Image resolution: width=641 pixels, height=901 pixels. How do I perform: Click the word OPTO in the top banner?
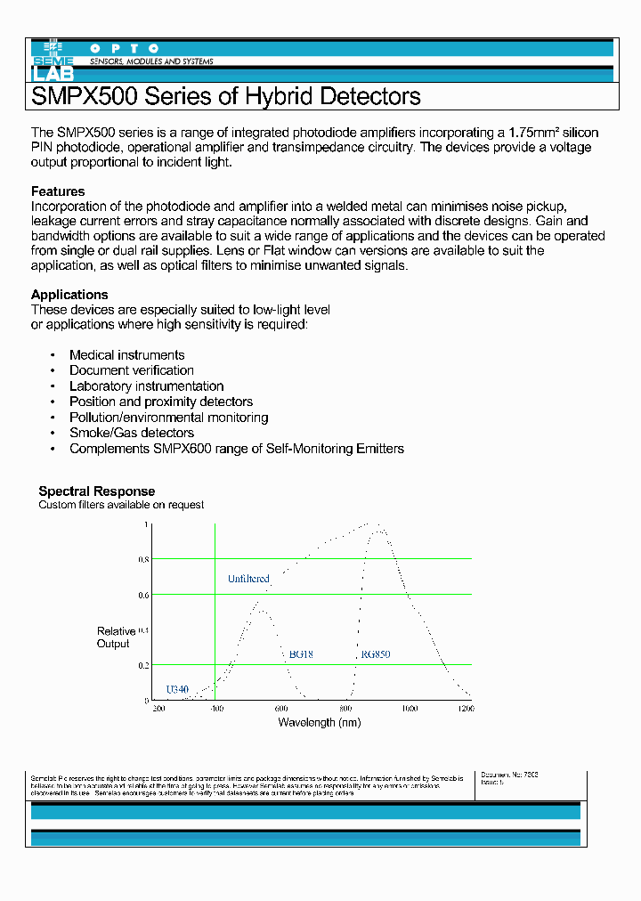[125, 48]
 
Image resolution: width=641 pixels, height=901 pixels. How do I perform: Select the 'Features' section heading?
[58, 191]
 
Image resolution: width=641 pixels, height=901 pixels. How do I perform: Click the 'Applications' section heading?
[69, 295]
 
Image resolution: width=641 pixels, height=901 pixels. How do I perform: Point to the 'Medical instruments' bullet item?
[127, 355]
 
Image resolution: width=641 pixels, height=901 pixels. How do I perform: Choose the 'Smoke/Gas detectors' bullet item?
[132, 433]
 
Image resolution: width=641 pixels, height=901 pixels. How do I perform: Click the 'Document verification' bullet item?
[132, 370]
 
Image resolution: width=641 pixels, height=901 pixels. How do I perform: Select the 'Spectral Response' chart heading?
[96, 491]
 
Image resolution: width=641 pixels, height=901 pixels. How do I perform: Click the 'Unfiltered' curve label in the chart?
[248, 579]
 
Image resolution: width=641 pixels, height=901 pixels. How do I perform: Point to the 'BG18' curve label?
[301, 654]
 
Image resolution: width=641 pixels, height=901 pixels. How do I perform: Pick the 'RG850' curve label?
[375, 654]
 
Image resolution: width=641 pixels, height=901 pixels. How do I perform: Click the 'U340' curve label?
[177, 690]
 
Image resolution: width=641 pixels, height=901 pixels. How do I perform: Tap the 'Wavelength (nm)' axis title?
[320, 722]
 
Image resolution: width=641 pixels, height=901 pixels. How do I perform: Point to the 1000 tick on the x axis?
[409, 709]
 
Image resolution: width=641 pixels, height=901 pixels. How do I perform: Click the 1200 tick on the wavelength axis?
[466, 709]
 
